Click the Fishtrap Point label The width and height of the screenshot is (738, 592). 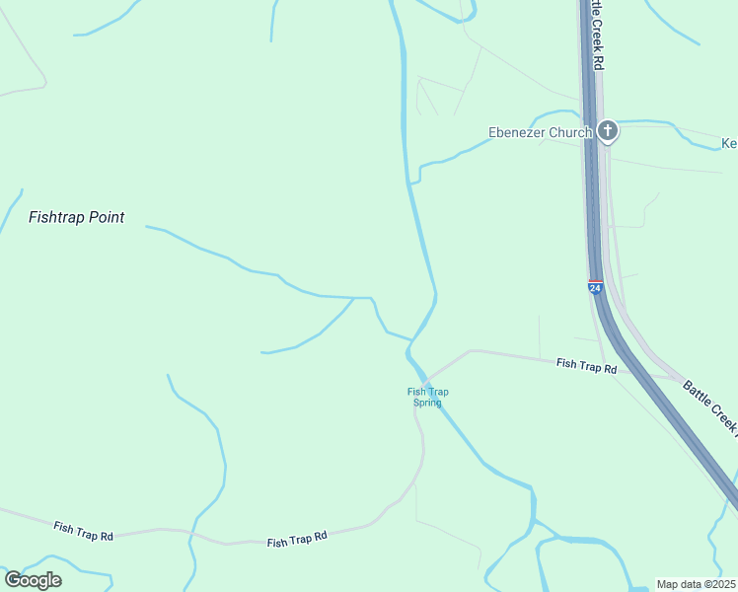coord(77,217)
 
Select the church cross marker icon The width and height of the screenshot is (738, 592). coord(608,130)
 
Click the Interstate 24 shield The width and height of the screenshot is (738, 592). coord(595,287)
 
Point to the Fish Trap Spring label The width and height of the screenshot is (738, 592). coord(428,398)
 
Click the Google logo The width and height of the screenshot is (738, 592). coord(33,580)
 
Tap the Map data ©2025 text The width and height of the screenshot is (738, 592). coord(697,584)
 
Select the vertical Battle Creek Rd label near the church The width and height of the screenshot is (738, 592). coord(597,35)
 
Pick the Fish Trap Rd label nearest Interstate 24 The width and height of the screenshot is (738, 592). coord(586,366)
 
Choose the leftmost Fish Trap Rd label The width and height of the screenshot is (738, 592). coord(84,531)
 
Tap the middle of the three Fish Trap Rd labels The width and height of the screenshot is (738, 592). coord(297,540)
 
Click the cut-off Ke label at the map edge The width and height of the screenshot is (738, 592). coord(729,144)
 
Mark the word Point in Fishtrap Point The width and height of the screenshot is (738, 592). coord(105,217)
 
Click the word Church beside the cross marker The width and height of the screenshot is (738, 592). coord(573,132)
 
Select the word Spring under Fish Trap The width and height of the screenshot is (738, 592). coord(428,404)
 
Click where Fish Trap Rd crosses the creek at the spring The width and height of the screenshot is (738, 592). coord(425,380)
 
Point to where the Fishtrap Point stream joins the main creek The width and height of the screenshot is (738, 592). coord(410,338)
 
